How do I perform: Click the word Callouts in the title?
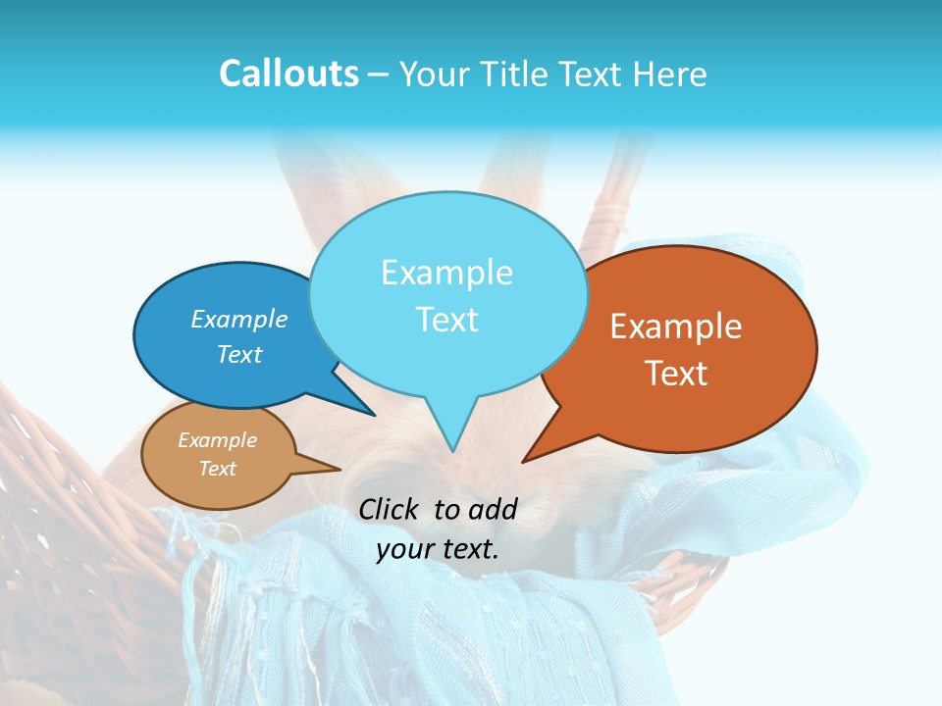288,74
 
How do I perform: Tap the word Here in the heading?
670,74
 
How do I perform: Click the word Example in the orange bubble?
676,327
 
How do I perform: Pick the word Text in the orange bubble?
676,374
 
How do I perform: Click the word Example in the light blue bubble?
446,273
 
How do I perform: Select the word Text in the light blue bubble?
446,320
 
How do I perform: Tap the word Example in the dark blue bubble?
239,319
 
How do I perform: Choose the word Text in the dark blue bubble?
239,354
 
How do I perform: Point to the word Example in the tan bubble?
218,440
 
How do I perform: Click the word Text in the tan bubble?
218,469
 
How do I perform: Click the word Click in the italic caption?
391,509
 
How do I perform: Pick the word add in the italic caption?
494,509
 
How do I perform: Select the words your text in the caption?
438,549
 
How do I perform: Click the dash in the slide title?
379,75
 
